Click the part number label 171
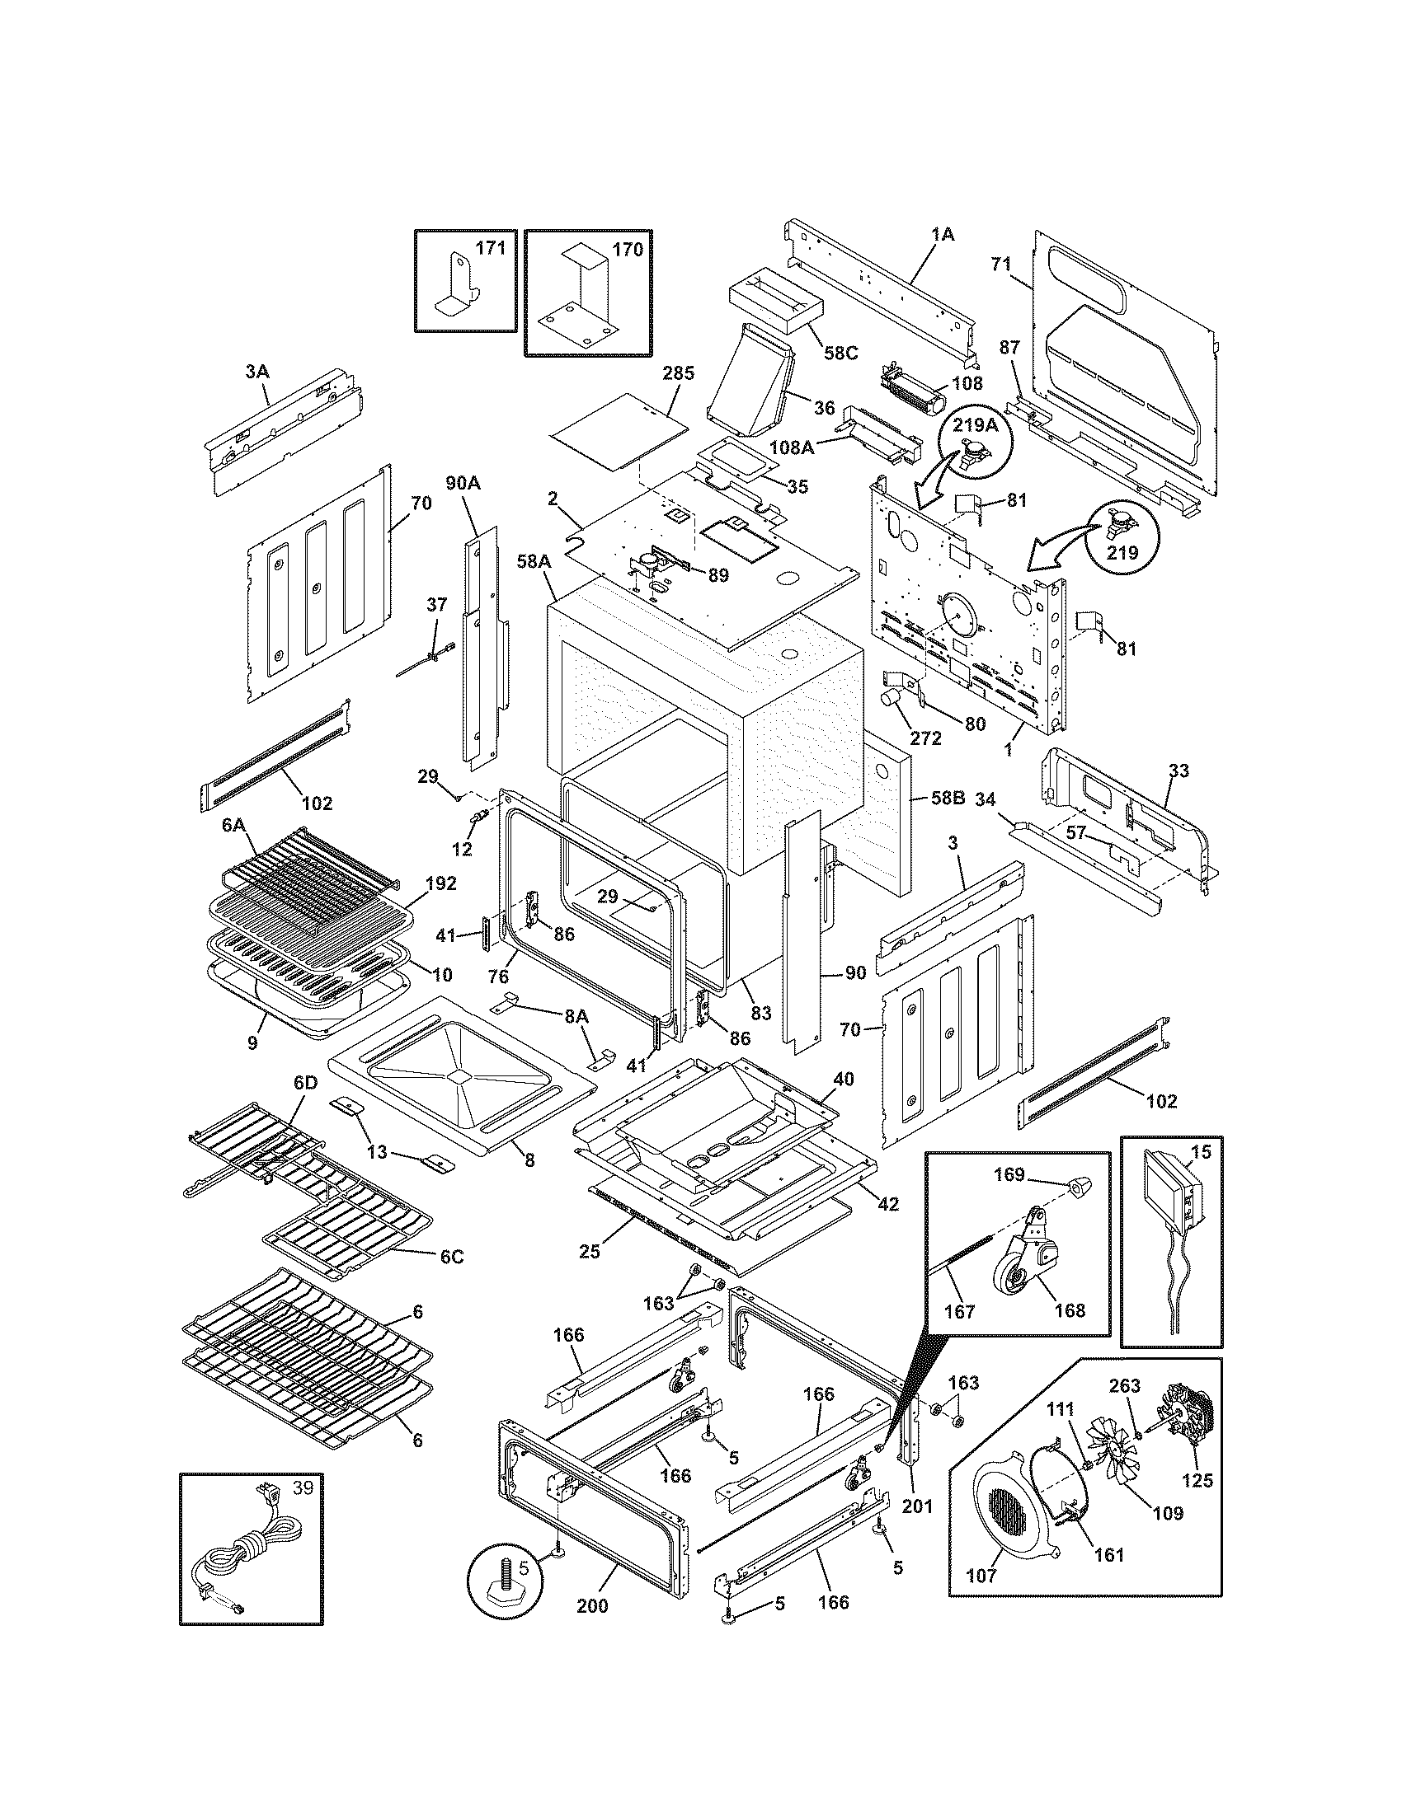[490, 248]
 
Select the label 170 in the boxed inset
[627, 248]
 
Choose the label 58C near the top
[840, 353]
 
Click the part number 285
[678, 372]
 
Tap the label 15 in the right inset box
[1201, 1152]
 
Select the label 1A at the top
[942, 235]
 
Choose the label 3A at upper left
[258, 372]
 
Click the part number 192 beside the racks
[440, 883]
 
